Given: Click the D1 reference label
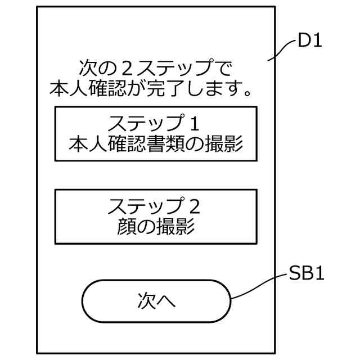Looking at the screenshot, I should coord(310,42).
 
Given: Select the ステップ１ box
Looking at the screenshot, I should coord(156,134).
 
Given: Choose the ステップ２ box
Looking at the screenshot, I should coord(156,216).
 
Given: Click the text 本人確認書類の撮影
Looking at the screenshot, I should coord(156,144).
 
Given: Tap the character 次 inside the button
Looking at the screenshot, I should coord(146,300).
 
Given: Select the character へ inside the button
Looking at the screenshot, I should coord(166,301).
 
